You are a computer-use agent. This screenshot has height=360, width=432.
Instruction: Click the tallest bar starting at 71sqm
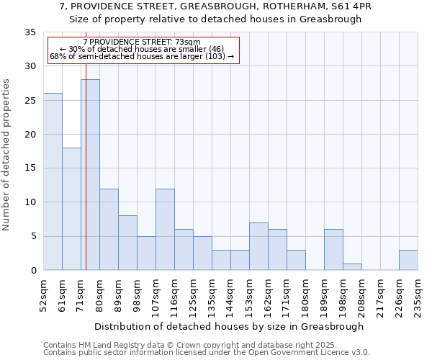point(90,175)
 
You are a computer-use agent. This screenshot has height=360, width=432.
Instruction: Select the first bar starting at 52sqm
point(53,181)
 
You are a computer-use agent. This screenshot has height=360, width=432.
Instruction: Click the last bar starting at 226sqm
point(408,260)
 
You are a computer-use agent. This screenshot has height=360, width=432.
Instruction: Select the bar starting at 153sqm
point(258,246)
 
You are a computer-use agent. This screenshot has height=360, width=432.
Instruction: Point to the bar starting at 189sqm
point(333,250)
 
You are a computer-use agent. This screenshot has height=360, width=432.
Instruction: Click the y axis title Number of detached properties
point(7,155)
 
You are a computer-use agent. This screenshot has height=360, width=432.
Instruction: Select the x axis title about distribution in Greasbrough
point(230,326)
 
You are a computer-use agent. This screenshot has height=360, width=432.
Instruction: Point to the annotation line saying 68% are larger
point(142,56)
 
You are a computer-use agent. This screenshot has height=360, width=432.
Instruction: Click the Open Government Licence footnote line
point(207,353)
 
